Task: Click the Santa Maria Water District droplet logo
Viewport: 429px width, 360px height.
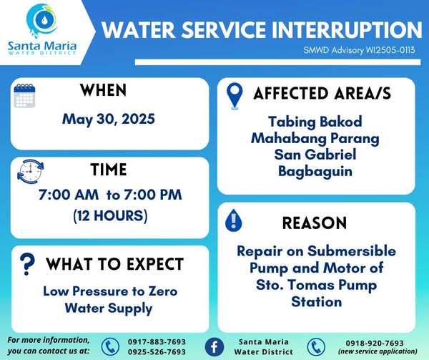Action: click(42, 21)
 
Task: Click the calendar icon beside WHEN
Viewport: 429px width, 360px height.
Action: click(24, 96)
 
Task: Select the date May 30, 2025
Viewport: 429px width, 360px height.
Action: click(109, 119)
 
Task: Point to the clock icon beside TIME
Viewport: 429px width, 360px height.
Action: click(30, 171)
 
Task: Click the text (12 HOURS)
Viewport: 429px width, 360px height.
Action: click(110, 215)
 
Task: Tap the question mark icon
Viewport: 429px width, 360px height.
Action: click(27, 264)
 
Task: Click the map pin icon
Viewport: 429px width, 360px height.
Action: click(235, 96)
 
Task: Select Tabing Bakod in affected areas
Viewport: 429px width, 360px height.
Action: click(315, 122)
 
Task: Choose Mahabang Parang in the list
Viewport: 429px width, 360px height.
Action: click(315, 139)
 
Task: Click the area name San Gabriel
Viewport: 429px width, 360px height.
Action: click(315, 155)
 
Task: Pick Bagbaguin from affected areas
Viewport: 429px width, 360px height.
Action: click(315, 172)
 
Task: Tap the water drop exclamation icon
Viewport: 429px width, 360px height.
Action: click(233, 220)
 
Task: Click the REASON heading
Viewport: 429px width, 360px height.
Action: click(315, 223)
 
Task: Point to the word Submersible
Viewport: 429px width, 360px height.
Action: click(352, 251)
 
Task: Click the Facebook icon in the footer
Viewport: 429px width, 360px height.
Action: click(214, 347)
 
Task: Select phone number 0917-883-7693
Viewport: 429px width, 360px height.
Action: click(157, 342)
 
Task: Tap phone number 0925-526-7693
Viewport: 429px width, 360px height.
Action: click(157, 352)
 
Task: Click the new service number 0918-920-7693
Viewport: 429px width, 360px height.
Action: click(375, 343)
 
